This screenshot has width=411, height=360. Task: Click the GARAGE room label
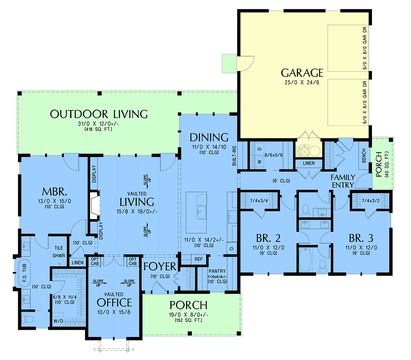(302, 73)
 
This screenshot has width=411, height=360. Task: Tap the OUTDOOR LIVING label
(99, 114)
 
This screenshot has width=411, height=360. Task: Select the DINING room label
(209, 137)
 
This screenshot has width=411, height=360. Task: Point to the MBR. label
(54, 192)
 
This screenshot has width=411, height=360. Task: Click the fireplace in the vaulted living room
(95, 205)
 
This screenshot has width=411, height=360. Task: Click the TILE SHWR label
(59, 252)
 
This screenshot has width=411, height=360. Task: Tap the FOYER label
(160, 267)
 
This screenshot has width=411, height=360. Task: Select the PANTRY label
(217, 271)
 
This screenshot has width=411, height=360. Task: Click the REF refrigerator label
(198, 259)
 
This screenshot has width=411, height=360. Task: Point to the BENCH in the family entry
(364, 156)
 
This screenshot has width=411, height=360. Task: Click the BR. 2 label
(268, 238)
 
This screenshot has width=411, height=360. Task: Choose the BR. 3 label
(361, 238)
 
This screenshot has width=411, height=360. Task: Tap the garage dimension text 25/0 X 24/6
(302, 83)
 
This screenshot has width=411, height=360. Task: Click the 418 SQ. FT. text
(98, 129)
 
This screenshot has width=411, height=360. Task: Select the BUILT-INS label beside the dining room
(234, 156)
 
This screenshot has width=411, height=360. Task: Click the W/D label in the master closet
(58, 321)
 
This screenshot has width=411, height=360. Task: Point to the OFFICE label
(114, 302)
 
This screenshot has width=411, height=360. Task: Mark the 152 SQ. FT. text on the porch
(188, 320)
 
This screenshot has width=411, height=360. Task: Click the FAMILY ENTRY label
(343, 181)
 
